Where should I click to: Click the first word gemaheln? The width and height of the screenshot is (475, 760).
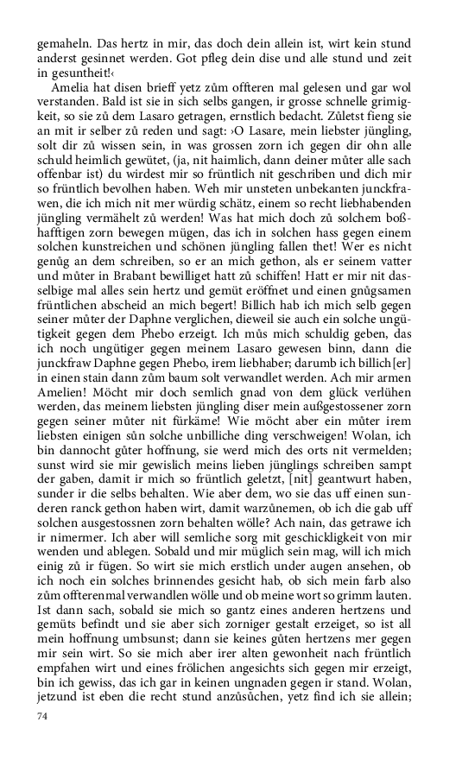[x=62, y=43]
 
